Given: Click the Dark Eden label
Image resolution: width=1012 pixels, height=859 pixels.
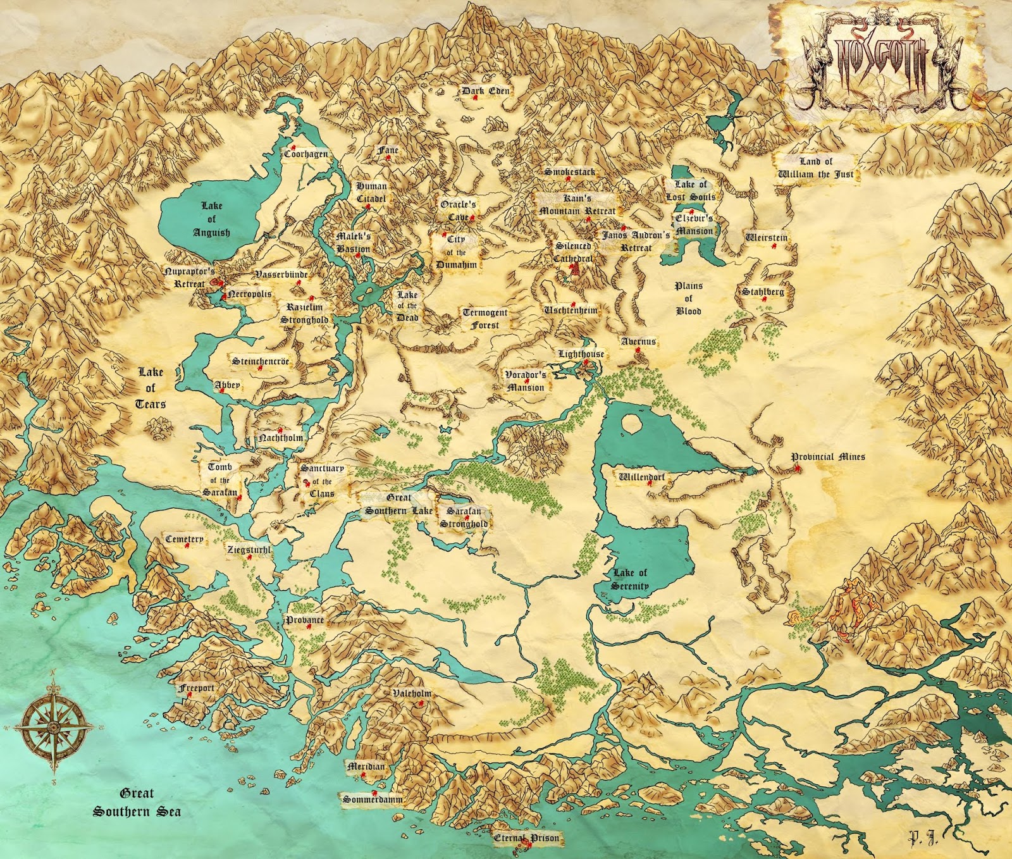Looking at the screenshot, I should [485, 91].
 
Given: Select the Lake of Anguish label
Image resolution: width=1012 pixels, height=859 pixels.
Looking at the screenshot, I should [211, 219].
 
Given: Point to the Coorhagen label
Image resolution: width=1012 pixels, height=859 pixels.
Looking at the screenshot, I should [305, 154].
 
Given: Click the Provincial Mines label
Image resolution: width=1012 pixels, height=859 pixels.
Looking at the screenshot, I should [827, 457].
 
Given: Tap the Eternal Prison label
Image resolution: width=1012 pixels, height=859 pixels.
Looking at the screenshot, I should [526, 838].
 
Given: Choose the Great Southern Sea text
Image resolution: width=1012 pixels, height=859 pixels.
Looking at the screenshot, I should [137, 802].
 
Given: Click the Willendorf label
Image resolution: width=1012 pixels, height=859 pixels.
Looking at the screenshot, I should [641, 477].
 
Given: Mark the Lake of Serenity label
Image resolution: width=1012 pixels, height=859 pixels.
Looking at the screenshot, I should [630, 579].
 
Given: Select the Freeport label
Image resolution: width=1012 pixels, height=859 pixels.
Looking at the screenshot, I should [196, 688].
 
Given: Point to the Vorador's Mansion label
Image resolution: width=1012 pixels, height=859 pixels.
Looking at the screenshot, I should [525, 381].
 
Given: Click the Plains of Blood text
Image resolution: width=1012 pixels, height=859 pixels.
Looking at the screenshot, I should [688, 298].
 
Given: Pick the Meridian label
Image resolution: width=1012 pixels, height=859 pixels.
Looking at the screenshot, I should [366, 766].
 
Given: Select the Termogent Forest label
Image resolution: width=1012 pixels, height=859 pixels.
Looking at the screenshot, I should [485, 319].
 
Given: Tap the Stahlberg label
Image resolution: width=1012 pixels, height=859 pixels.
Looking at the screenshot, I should [763, 292].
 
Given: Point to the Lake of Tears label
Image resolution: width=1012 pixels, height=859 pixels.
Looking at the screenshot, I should [151, 388].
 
